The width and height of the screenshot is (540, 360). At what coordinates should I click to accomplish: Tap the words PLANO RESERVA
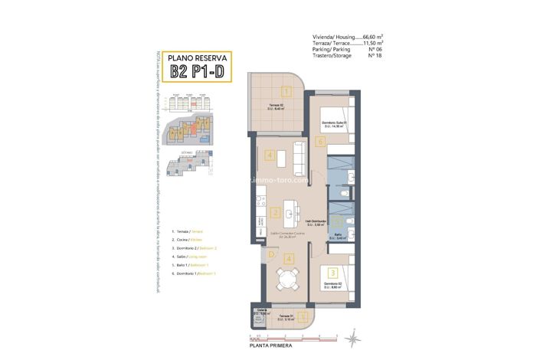coord(197,57)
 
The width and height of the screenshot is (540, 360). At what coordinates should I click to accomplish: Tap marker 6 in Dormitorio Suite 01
coord(320,141)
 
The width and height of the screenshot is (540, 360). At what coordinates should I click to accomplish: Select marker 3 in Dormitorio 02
coord(332,272)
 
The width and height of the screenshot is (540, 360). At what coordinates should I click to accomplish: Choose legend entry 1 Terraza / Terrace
coord(191,231)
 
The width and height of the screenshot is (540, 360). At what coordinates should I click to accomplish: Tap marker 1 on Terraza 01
coord(303,316)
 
